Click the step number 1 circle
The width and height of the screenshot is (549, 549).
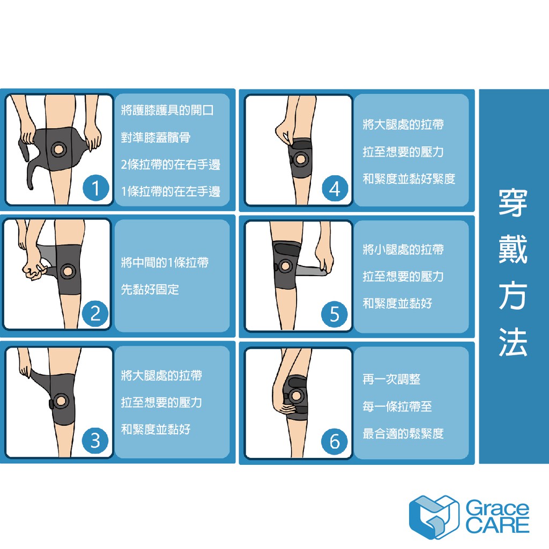click(95, 188)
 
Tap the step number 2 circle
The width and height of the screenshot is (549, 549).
click(95, 313)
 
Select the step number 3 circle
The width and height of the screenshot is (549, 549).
click(95, 441)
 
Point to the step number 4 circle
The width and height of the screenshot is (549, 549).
click(335, 189)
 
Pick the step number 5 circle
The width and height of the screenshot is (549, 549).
click(335, 314)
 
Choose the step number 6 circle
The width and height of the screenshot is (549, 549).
click(335, 441)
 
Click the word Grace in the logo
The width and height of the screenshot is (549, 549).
click(497, 508)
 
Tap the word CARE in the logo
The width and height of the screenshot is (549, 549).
click(497, 525)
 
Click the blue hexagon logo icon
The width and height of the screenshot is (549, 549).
click(434, 517)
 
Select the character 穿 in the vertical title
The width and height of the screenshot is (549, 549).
click(513, 203)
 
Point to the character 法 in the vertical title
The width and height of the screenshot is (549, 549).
click(513, 342)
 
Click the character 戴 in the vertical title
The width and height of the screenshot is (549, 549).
click(513, 249)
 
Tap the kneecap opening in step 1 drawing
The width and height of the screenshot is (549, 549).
click(58, 150)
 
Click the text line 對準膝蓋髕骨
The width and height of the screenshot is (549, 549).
click(156, 137)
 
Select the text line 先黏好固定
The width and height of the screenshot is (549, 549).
click(150, 290)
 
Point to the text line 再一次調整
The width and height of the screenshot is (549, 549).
click(391, 379)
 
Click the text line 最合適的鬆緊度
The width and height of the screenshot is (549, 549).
click(403, 434)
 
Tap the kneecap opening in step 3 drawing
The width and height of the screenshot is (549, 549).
click(61, 400)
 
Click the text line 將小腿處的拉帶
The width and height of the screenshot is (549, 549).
click(403, 250)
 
